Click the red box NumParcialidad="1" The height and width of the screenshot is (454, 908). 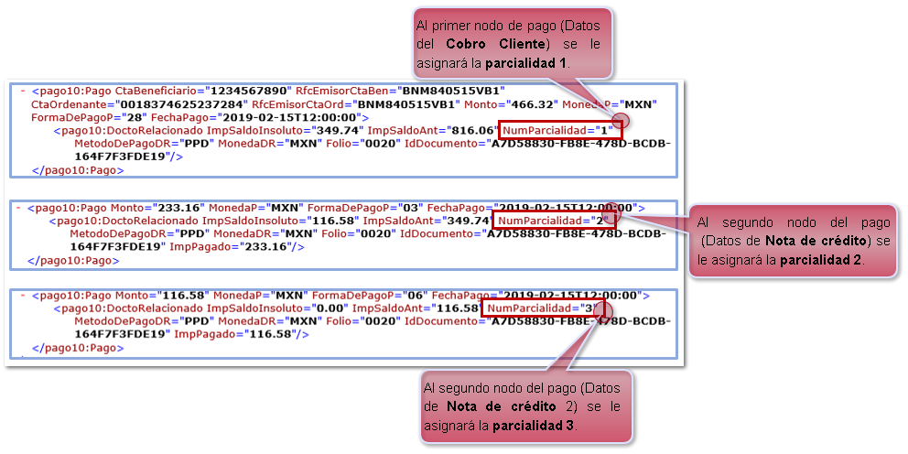(x=559, y=131)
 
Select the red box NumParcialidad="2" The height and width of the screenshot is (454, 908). (x=552, y=221)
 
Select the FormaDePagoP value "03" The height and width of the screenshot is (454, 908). (x=396, y=208)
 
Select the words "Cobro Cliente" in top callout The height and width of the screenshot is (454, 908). (x=503, y=44)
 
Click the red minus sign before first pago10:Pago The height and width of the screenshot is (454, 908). (x=21, y=92)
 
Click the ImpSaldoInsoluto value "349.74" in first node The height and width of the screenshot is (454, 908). (x=333, y=131)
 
